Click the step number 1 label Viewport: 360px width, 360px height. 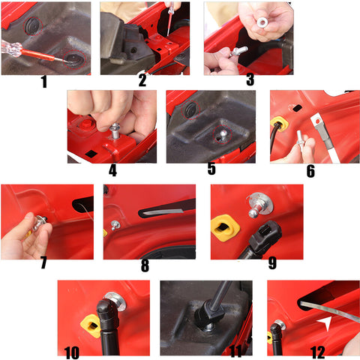click(43, 82)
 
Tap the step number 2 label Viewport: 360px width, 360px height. click(142, 82)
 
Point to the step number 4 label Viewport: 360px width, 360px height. click(112, 170)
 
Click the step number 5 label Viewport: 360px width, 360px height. click(211, 170)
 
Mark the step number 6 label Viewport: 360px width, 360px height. click(310, 170)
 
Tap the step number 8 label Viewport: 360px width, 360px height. click(145, 265)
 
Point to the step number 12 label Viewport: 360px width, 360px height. click(318, 352)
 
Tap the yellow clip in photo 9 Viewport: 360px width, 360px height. click(224, 224)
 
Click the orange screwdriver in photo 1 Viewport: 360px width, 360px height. click(30, 51)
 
